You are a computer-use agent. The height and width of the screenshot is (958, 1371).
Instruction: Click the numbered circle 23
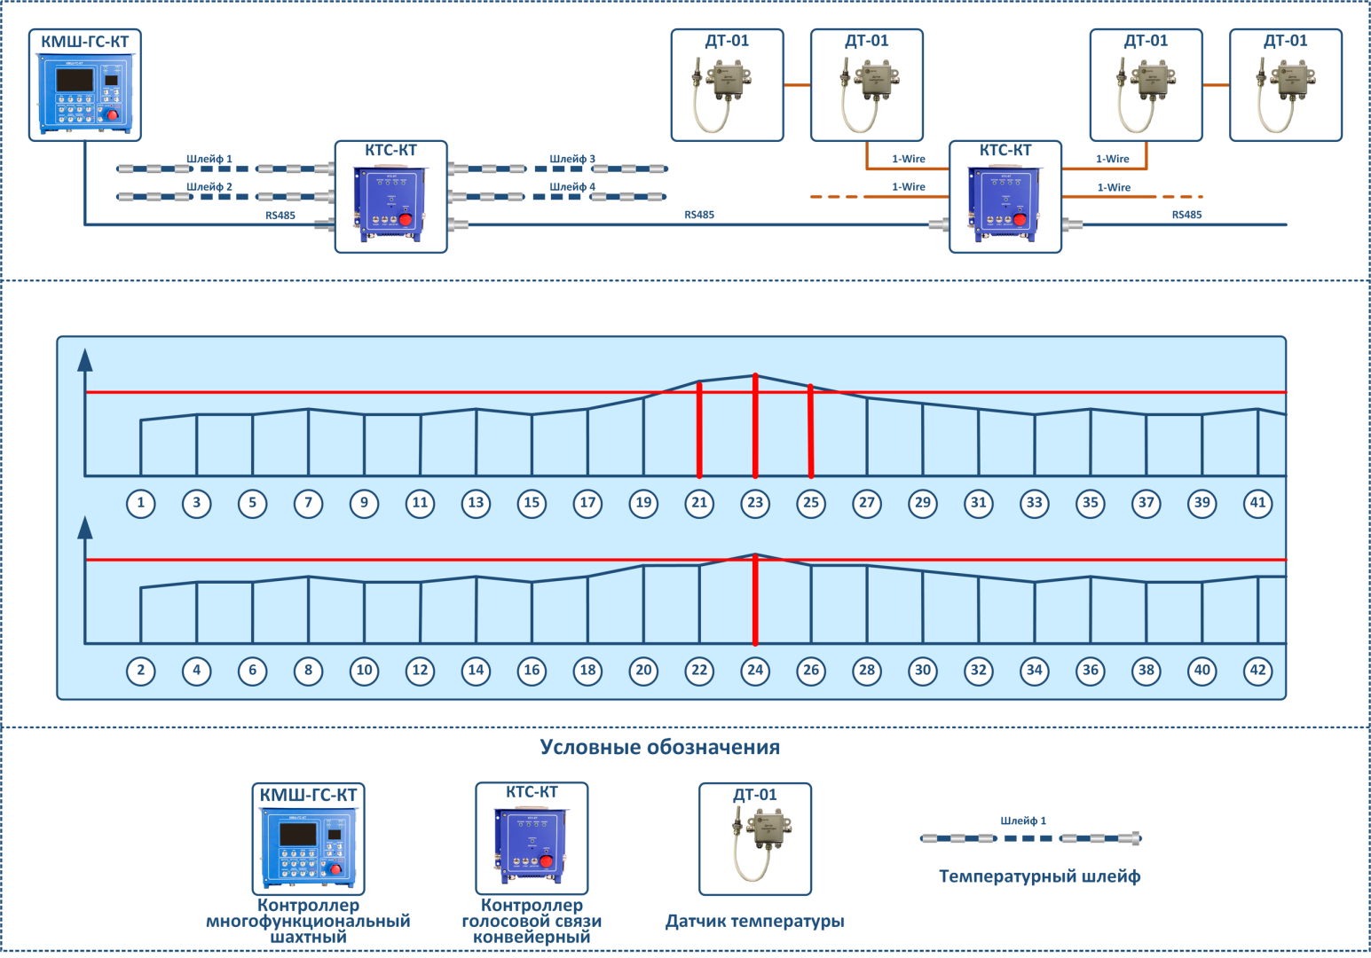pyautogui.click(x=755, y=503)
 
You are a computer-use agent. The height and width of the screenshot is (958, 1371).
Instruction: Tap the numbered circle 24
pyautogui.click(x=755, y=671)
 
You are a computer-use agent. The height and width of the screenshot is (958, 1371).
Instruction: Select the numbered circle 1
pyautogui.click(x=141, y=503)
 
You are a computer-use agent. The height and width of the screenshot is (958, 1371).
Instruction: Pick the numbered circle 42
pyautogui.click(x=1257, y=671)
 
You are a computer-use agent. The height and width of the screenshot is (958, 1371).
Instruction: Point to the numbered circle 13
pyautogui.click(x=477, y=503)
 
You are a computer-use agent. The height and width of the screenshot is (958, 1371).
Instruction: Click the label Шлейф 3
pyautogui.click(x=572, y=160)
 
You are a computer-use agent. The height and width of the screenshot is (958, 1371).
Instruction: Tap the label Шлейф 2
pyautogui.click(x=209, y=187)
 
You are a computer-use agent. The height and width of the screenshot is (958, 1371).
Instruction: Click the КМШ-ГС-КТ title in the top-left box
pyautogui.click(x=85, y=42)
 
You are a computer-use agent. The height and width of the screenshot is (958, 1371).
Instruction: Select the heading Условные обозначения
pyautogui.click(x=660, y=747)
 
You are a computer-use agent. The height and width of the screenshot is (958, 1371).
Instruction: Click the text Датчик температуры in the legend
pyautogui.click(x=755, y=922)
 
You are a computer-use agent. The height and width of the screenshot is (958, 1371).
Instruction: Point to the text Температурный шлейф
pyautogui.click(x=1040, y=876)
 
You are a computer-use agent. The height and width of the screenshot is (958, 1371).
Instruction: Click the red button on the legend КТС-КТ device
pyautogui.click(x=547, y=860)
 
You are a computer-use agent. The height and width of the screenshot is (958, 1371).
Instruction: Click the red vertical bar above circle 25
pyautogui.click(x=811, y=431)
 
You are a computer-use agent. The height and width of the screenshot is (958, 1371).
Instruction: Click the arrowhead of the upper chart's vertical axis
pyautogui.click(x=85, y=359)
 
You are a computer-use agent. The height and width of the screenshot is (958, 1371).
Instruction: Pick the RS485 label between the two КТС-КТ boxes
pyautogui.click(x=699, y=215)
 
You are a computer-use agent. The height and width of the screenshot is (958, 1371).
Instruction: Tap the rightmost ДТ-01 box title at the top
pyautogui.click(x=1286, y=41)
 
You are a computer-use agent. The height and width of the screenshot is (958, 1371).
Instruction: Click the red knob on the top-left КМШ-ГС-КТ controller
pyautogui.click(x=113, y=115)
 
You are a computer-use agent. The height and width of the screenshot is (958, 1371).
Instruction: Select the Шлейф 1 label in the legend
pyautogui.click(x=1023, y=821)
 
